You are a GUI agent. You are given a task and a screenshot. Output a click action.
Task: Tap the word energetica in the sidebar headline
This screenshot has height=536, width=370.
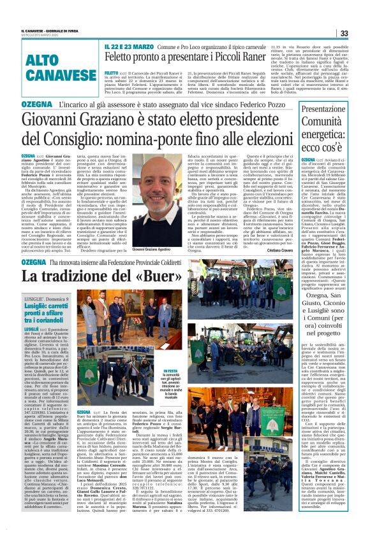[x=331, y=132]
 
